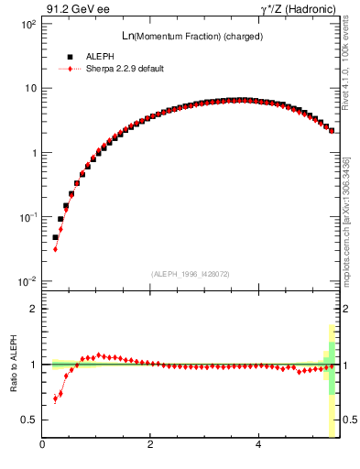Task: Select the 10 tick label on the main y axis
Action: [x=29, y=89]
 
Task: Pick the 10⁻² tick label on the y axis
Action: [x=27, y=281]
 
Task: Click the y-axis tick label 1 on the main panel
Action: [x=33, y=153]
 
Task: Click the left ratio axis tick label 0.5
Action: [x=28, y=420]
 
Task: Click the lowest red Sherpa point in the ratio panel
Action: [x=55, y=399]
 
